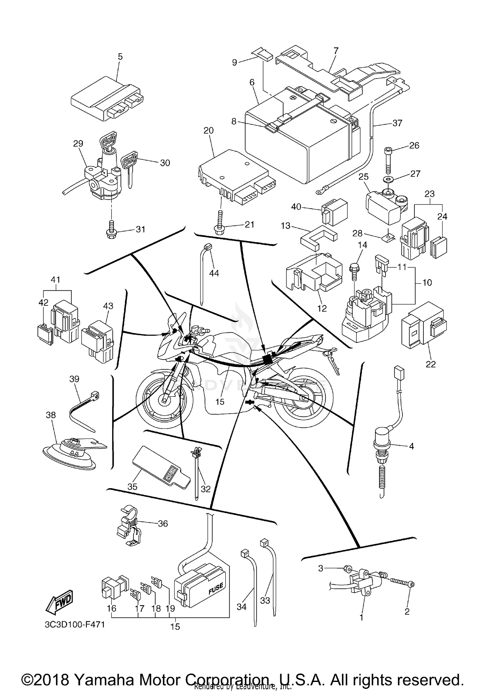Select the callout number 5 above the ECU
[x=120, y=57]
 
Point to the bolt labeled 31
[x=111, y=229]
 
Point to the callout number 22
[x=431, y=364]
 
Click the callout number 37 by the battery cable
[x=397, y=123]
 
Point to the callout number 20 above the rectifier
[x=208, y=131]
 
